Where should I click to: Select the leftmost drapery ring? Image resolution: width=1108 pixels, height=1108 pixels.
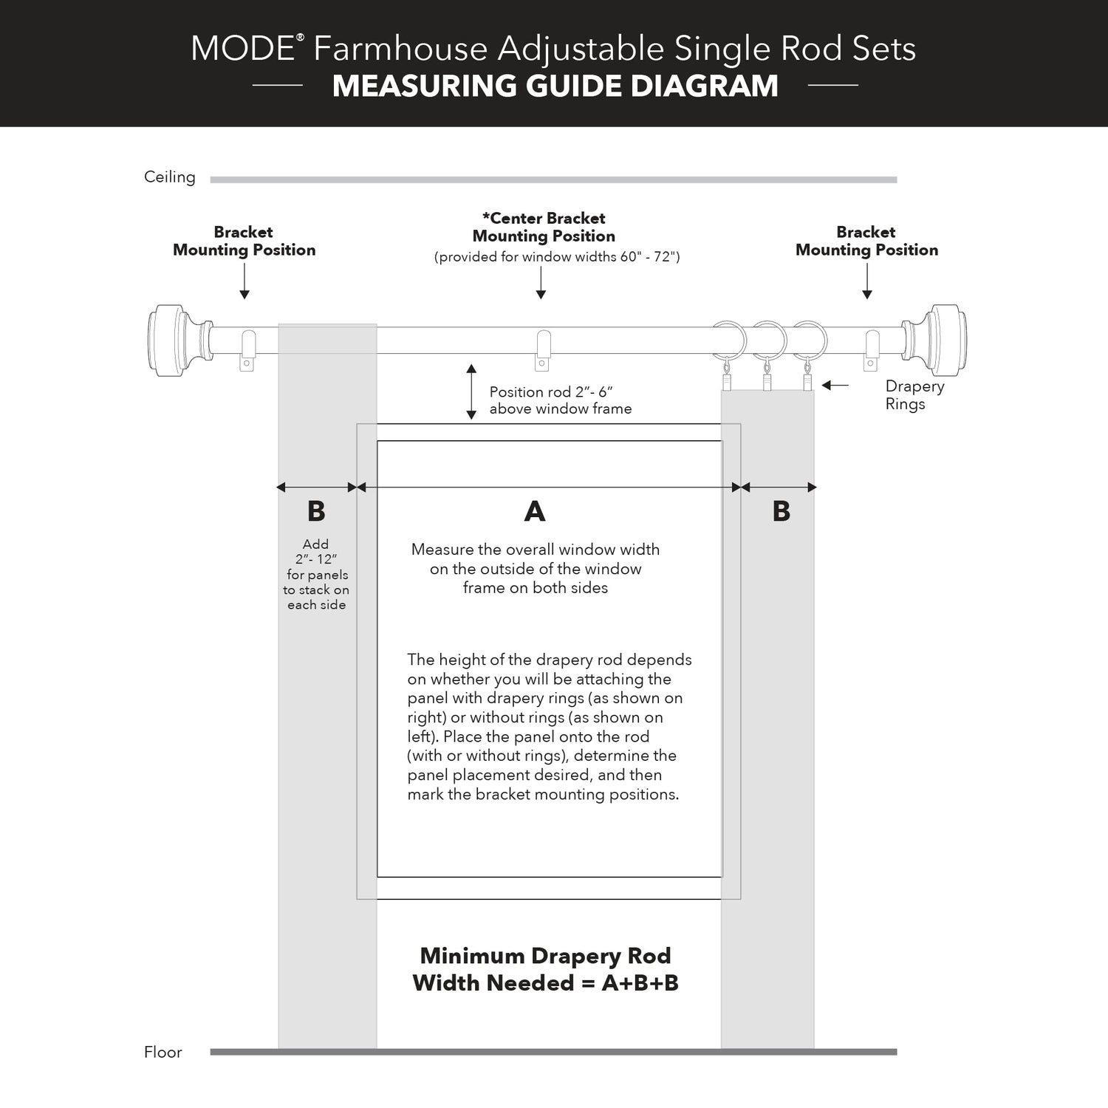click(728, 341)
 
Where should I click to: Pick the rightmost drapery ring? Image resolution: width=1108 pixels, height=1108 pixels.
click(810, 341)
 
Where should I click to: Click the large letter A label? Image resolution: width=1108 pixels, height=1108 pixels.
click(535, 511)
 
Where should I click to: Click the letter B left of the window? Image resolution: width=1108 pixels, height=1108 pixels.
click(316, 511)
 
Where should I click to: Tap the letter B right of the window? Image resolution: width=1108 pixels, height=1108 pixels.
click(782, 511)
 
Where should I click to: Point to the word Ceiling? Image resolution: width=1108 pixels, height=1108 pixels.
click(170, 177)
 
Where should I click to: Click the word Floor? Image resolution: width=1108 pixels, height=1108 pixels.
click(163, 1052)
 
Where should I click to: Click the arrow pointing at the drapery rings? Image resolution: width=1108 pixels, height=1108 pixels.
click(835, 385)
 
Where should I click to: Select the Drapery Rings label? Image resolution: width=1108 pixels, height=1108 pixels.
click(914, 395)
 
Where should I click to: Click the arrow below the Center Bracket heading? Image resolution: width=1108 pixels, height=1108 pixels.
click(541, 283)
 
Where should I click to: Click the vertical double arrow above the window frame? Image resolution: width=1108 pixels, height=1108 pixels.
click(471, 391)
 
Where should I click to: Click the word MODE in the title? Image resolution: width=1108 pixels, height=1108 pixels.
click(242, 49)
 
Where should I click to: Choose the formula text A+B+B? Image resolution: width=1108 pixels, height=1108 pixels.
click(640, 983)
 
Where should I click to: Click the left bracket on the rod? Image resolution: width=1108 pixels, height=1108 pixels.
click(247, 350)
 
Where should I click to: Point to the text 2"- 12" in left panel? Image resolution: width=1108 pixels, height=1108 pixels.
click(316, 559)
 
